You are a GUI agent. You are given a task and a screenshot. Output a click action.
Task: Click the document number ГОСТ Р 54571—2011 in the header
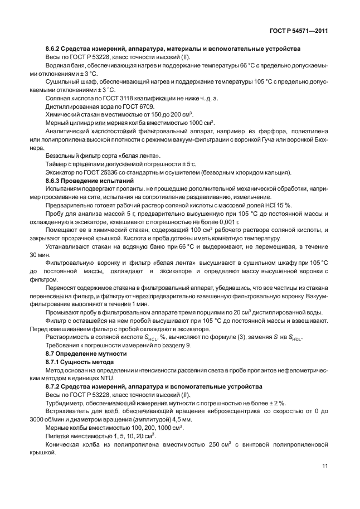coord(295,31)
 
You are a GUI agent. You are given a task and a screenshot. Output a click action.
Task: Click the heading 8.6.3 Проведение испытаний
coord(89,181)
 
